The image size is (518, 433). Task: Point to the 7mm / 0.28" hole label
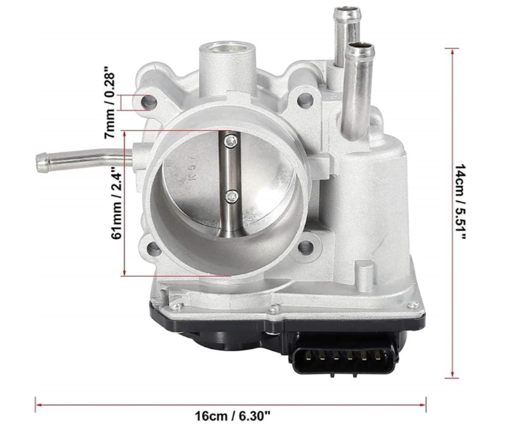point(110,103)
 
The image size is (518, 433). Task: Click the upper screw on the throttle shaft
point(231,141)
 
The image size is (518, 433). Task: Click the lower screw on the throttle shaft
point(232,196)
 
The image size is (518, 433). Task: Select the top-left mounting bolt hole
point(149,102)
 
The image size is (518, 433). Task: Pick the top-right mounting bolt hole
point(305,99)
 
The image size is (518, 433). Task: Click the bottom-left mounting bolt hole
point(154,249)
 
